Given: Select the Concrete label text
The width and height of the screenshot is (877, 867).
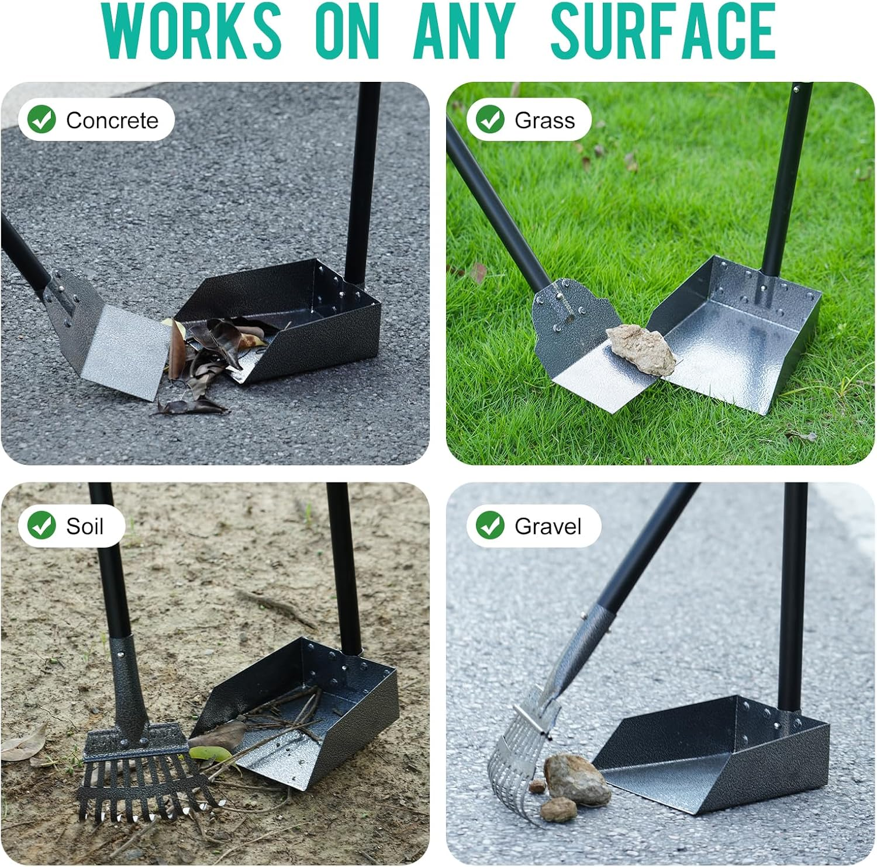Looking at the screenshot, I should click(x=112, y=120).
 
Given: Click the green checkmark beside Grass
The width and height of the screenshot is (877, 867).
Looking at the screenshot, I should click(x=490, y=119).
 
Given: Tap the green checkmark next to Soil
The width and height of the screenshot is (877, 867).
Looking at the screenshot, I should click(x=42, y=525).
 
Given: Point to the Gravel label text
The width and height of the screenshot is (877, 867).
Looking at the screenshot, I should click(x=548, y=526).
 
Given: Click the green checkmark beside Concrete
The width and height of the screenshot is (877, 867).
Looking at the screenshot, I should click(x=42, y=119).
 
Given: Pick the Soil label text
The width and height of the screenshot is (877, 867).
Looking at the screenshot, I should click(x=85, y=526).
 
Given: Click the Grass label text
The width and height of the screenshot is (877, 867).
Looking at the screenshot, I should click(x=544, y=120).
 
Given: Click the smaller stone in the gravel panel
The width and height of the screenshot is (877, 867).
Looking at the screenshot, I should click(x=558, y=810).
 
